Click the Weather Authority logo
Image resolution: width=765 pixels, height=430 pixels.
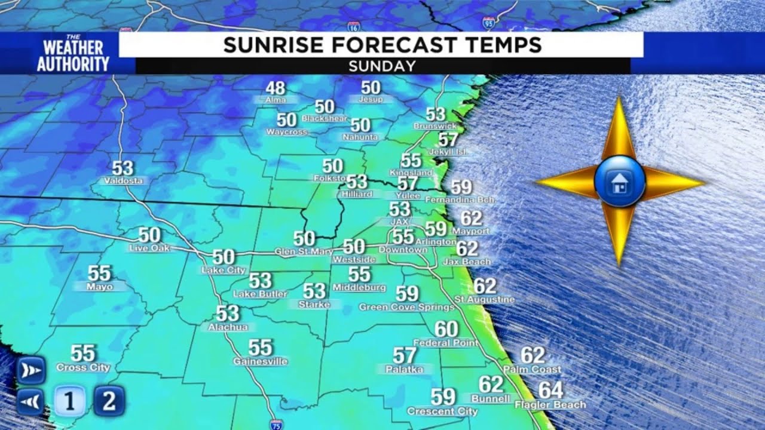coord(73,54)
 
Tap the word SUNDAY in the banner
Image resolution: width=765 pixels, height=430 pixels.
coord(382,66)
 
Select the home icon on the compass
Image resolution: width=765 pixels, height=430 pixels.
coord(620,182)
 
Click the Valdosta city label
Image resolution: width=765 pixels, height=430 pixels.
coord(123,180)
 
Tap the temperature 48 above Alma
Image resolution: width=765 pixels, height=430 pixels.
coord(275,88)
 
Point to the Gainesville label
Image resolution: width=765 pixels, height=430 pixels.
coord(261,361)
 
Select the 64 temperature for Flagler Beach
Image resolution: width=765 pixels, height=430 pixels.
coord(550,391)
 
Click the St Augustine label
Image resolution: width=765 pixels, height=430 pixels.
coord(484,299)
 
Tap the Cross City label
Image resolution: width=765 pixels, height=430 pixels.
coord(83,368)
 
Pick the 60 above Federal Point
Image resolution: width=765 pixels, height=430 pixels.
coord(446,329)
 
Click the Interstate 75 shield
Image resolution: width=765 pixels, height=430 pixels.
coord(273,425)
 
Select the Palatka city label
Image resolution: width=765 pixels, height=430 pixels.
coord(405,370)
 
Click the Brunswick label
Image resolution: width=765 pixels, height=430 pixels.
coord(435,126)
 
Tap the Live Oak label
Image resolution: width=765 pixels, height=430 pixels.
coord(149,248)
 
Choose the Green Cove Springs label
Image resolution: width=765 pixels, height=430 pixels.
coord(406,307)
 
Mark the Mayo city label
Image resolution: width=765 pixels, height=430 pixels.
coord(99,287)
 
